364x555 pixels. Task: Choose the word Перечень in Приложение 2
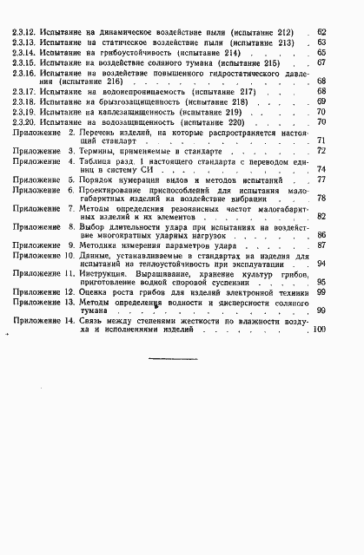103,134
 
